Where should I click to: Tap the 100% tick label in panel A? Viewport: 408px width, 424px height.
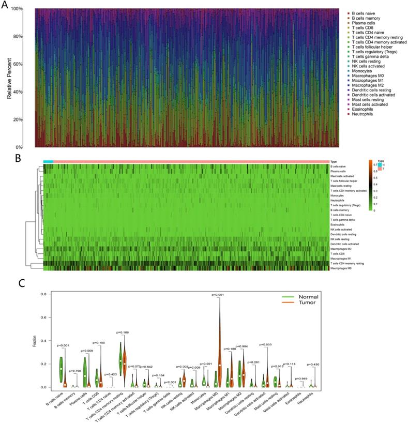[x=26, y=9]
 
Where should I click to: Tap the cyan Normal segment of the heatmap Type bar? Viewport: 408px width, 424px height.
[x=48, y=162]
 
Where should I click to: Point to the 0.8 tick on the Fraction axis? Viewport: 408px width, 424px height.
[x=44, y=294]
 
